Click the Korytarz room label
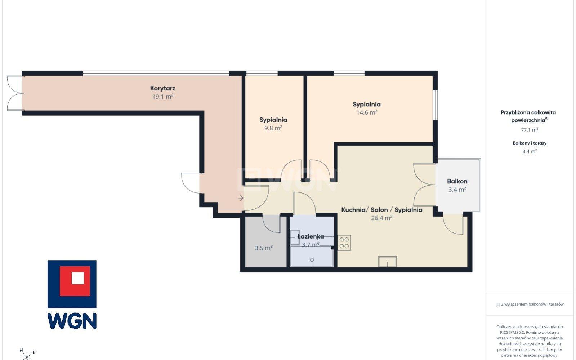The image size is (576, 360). pos(162,89)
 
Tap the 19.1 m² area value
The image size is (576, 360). pos(162,97)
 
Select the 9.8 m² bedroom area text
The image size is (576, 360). pos(273,128)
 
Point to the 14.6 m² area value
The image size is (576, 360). pos(367,112)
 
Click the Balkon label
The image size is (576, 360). pos(457,181)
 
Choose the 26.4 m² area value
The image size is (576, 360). pos(381,218)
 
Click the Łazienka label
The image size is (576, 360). pos(311,236)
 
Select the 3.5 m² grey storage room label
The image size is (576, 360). pos(264,248)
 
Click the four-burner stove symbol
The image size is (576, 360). pos(344,243)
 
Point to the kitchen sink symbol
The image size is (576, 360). pos(387,262)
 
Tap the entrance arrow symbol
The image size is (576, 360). pos(240,198)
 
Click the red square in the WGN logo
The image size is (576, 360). pos(75,281)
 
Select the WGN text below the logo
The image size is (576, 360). pos(72,321)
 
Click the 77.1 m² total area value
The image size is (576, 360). pos(530,130)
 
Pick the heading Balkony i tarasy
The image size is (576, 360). pos(530,143)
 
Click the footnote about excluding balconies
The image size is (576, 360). pos(530,304)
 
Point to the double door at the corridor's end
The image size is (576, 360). pos(15,93)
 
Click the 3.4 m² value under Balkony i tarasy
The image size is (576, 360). pos(530,151)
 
